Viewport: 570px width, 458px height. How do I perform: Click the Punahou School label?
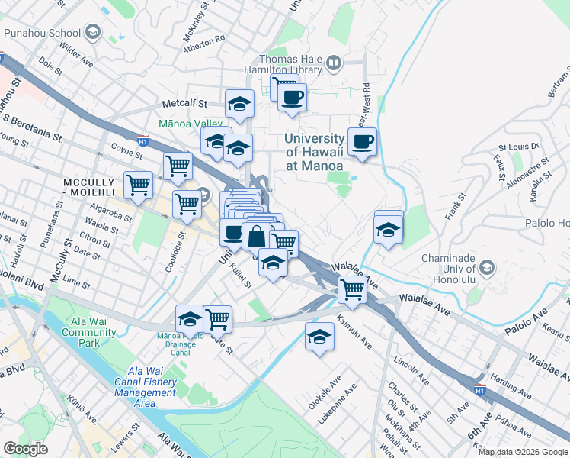click(x=42, y=33)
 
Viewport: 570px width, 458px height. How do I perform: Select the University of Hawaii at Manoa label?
click(x=313, y=151)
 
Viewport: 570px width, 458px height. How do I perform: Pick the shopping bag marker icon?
click(x=257, y=236)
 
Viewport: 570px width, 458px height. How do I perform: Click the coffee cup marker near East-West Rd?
click(x=362, y=141)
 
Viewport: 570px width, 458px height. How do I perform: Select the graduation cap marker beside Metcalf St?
click(x=239, y=104)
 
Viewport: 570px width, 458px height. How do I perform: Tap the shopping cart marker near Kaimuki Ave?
click(x=352, y=289)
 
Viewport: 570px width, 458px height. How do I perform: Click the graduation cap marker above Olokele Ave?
click(x=320, y=335)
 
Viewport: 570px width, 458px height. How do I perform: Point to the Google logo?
click(x=26, y=449)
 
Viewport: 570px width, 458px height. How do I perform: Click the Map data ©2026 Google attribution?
click(x=522, y=452)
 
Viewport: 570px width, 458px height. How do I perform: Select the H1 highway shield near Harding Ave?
click(x=478, y=389)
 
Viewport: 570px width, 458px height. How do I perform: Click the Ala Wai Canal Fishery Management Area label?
click(x=145, y=392)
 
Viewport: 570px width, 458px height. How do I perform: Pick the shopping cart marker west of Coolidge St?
click(x=138, y=183)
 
